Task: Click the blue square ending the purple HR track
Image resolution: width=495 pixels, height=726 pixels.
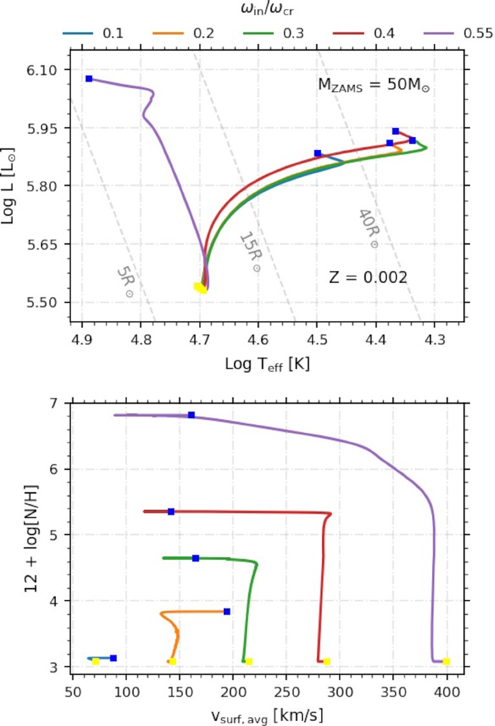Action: (x=89, y=78)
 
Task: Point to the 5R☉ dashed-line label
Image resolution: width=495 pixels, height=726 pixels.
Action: (x=126, y=283)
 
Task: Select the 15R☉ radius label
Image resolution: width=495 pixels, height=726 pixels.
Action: (x=248, y=252)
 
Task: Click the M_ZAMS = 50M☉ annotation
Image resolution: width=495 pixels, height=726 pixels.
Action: (x=373, y=85)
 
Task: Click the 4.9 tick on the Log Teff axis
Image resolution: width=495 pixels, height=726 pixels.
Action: (x=82, y=338)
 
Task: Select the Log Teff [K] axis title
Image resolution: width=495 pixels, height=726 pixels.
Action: (x=267, y=364)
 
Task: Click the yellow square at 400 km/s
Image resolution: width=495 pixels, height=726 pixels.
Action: (x=446, y=661)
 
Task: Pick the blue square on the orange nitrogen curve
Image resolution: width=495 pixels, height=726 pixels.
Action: (x=226, y=611)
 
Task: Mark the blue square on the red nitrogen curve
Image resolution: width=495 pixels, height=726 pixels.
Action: (x=171, y=511)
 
